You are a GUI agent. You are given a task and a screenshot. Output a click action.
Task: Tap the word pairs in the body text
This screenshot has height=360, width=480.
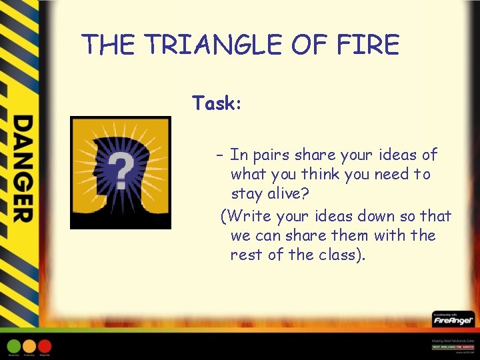coord(270,155)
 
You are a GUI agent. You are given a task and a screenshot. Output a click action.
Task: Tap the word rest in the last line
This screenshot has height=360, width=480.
coord(245,255)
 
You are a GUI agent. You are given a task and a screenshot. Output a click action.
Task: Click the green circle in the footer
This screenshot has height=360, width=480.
coord(13,346)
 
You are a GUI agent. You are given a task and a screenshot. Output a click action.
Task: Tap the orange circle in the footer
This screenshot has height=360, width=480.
coord(29,346)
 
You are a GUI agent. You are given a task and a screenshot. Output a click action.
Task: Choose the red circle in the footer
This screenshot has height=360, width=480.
coord(45,346)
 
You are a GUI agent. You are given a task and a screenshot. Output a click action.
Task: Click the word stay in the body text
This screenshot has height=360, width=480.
coord(245,194)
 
